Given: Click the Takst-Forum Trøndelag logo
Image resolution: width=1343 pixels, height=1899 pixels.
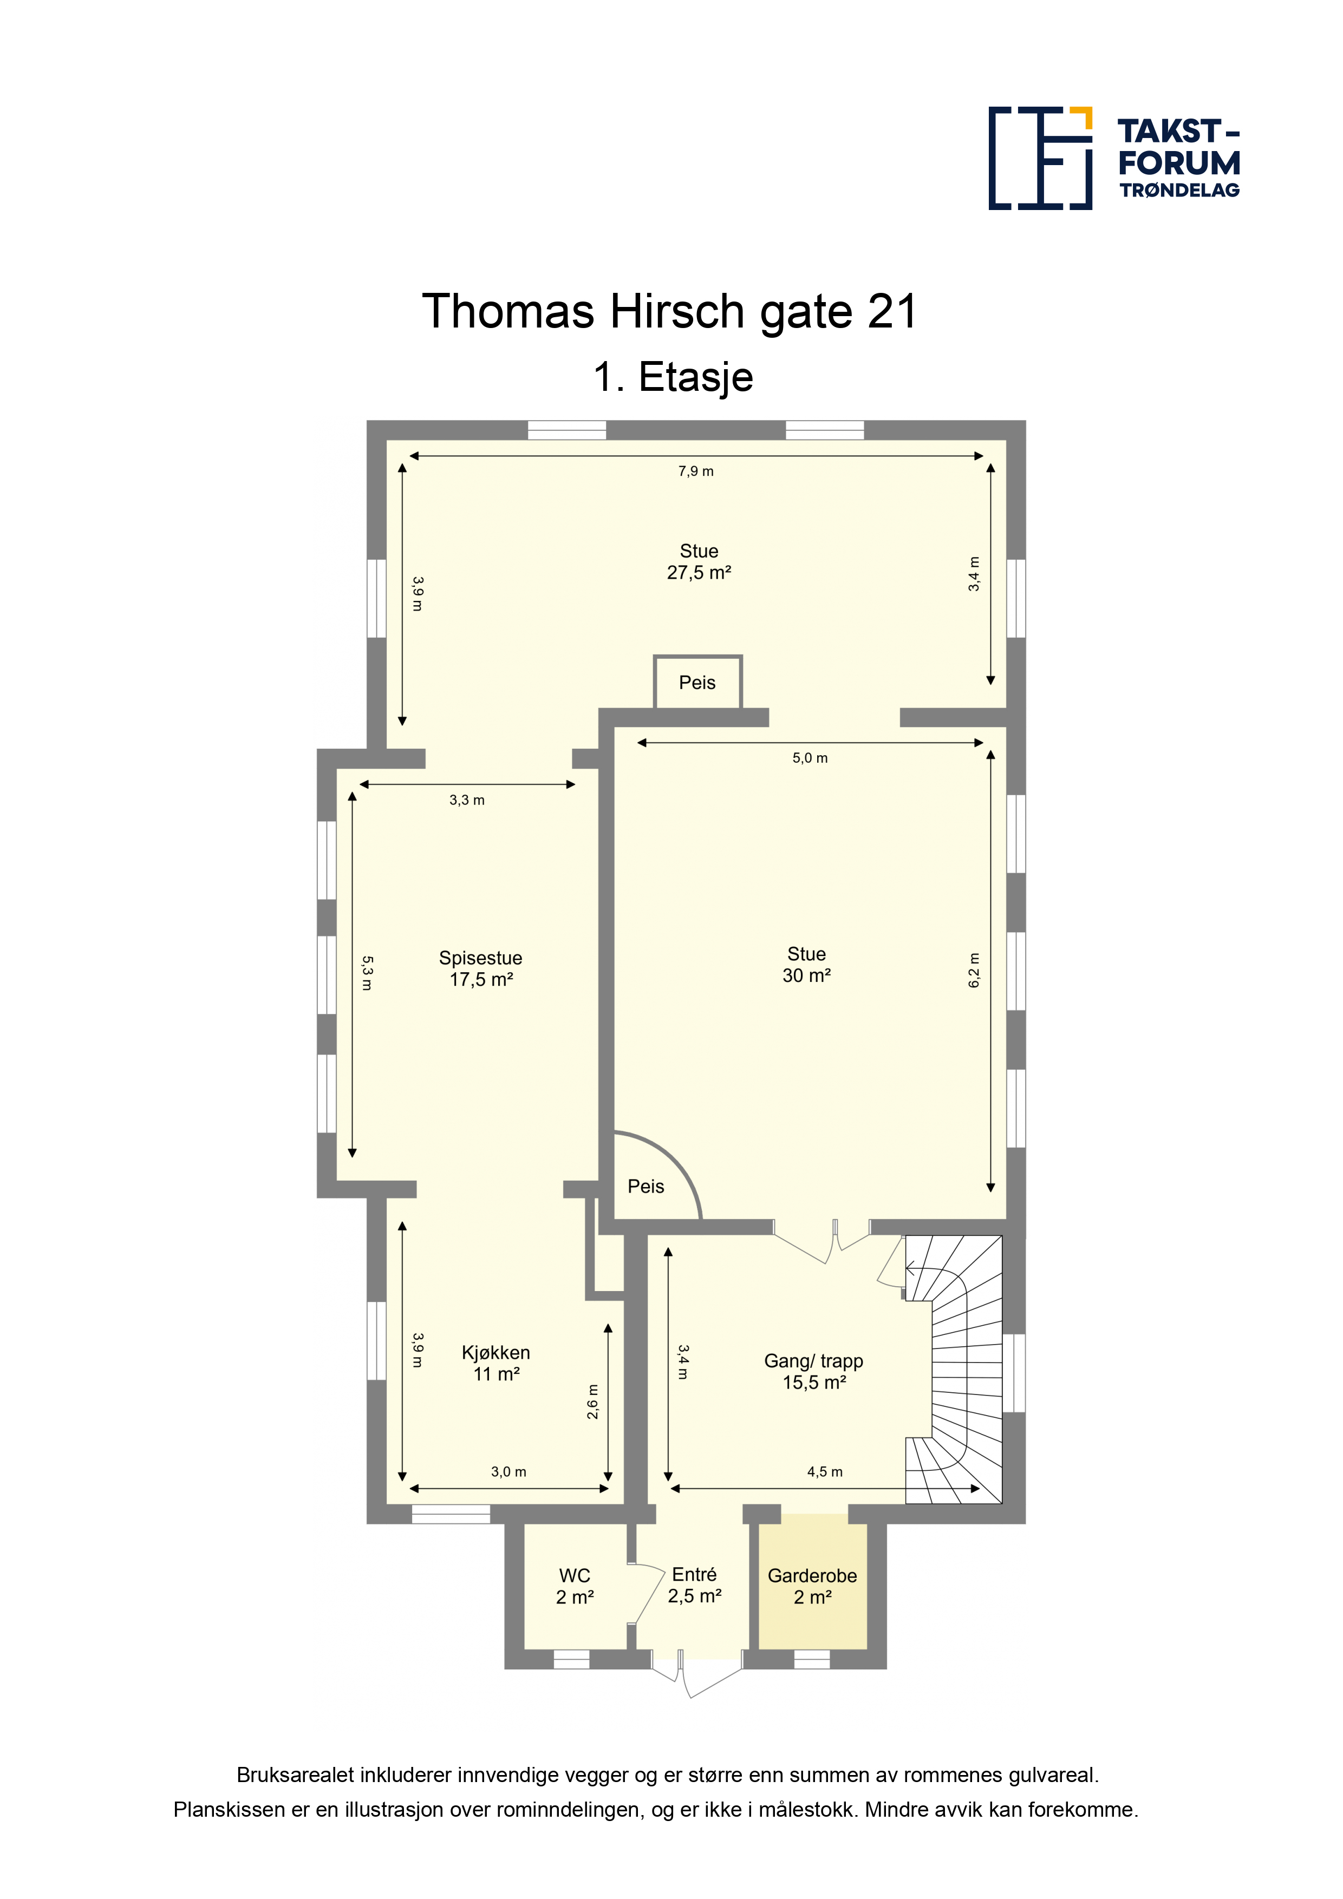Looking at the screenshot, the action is [x=1114, y=158].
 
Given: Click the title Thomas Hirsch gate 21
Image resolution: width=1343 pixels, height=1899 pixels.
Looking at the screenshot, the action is [x=670, y=312].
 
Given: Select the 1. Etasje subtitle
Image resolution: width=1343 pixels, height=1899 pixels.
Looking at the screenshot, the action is [x=673, y=377].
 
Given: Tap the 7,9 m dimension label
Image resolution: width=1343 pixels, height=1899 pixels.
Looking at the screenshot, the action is [x=696, y=472].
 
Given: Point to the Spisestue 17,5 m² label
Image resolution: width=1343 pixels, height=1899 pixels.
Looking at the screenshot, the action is [x=481, y=968].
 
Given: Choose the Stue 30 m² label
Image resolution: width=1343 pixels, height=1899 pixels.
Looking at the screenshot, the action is [x=807, y=965].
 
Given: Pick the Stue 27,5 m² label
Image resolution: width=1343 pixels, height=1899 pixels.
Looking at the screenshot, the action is [x=699, y=561].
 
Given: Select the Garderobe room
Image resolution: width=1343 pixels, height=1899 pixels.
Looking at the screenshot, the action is [x=813, y=1586].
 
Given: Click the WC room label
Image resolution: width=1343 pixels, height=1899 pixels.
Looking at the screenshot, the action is [x=575, y=1586].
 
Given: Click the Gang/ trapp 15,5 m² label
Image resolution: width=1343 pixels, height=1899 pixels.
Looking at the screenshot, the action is [x=813, y=1371].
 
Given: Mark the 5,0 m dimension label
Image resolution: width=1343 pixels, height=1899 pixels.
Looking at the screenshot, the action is [x=810, y=758].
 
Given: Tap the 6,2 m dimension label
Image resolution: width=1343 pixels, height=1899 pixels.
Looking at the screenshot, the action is [x=974, y=970].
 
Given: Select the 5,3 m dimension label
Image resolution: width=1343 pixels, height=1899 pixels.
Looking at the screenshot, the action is [x=367, y=973].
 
